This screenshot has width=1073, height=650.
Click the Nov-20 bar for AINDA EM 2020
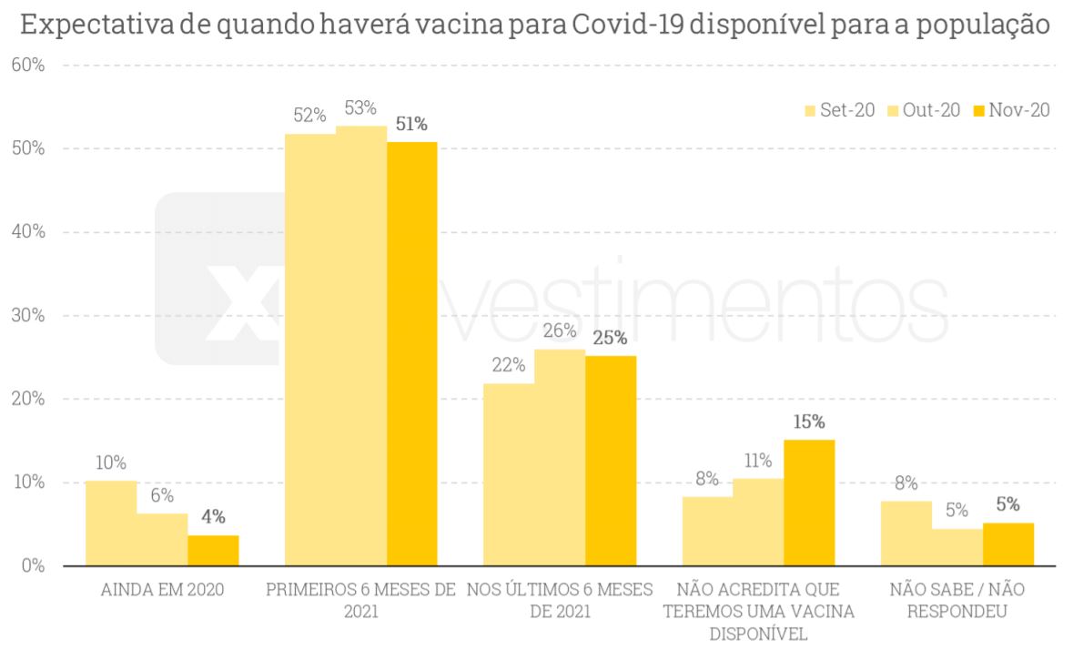[x=213, y=550]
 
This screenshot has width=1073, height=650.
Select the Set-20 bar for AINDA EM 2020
[x=111, y=523]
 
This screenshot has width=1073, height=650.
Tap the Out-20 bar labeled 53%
[x=361, y=346]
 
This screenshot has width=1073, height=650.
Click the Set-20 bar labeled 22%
[x=509, y=473]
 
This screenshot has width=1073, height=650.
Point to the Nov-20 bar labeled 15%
[x=809, y=503]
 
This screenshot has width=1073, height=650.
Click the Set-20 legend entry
[x=840, y=111]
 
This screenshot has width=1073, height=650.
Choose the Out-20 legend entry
[x=925, y=111]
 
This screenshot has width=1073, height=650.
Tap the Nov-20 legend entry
[x=1011, y=111]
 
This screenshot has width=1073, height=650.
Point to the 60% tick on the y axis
[x=28, y=66]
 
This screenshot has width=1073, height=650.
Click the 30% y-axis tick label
[x=28, y=316]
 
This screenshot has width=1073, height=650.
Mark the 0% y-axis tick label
[x=33, y=565]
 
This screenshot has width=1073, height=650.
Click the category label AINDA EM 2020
[x=161, y=590]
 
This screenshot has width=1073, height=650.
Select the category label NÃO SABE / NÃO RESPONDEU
[x=957, y=600]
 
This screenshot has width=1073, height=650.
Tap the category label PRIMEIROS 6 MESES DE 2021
[x=360, y=600]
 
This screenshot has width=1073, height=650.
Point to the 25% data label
[x=610, y=338]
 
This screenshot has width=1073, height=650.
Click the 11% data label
[x=757, y=461]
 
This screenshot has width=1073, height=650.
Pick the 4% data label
[x=213, y=517]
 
